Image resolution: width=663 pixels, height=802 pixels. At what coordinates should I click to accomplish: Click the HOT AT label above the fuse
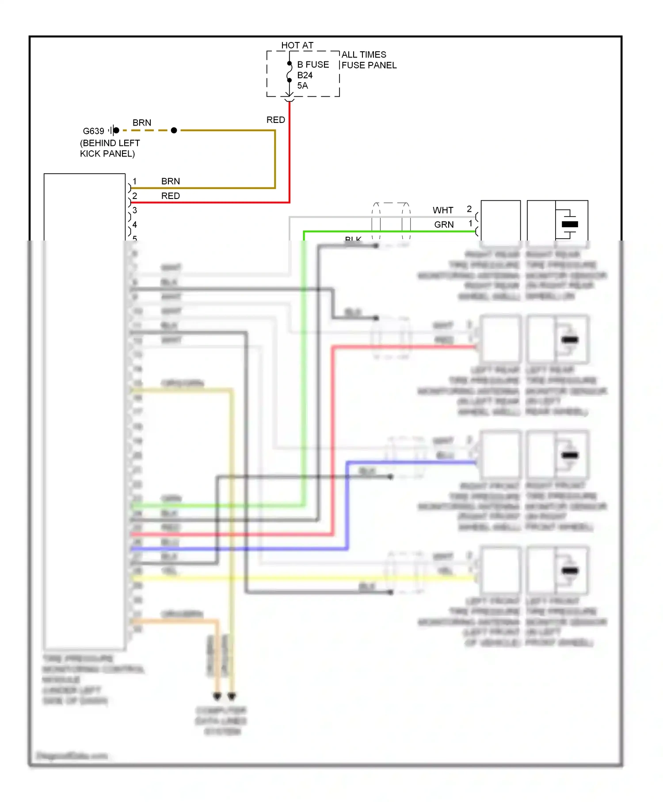(x=297, y=45)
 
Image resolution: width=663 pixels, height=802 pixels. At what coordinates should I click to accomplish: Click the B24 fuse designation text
(x=305, y=75)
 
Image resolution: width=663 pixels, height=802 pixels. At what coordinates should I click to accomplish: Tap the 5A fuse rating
(x=302, y=86)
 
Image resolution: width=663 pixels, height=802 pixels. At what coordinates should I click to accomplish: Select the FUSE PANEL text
(x=369, y=65)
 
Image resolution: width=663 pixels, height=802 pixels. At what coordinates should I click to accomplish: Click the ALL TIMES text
(x=363, y=55)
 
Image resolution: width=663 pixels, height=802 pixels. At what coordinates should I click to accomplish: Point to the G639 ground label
(x=93, y=131)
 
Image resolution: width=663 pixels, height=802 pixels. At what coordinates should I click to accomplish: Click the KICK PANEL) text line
(x=107, y=154)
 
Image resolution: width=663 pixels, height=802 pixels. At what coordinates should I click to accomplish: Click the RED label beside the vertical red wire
(x=275, y=120)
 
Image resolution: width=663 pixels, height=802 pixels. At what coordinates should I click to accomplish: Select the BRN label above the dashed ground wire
(x=141, y=123)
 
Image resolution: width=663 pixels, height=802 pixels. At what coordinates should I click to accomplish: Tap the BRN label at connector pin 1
(x=170, y=181)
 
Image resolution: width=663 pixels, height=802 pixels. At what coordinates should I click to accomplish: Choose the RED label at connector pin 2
(x=170, y=196)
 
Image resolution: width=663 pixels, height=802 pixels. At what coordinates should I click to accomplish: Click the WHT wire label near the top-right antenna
(x=442, y=210)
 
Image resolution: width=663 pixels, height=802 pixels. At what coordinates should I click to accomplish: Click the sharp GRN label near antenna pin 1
(x=443, y=225)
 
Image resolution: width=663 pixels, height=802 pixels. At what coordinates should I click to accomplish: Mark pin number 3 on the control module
(x=135, y=210)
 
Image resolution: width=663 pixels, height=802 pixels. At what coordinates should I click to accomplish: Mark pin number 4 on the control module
(x=135, y=225)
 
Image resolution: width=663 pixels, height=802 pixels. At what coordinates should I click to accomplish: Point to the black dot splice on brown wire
(x=174, y=130)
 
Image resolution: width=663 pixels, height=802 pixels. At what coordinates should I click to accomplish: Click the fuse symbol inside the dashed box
(x=289, y=72)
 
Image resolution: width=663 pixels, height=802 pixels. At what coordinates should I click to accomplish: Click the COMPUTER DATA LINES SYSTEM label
(x=221, y=721)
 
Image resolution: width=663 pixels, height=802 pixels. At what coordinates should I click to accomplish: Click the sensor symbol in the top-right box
(x=569, y=224)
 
